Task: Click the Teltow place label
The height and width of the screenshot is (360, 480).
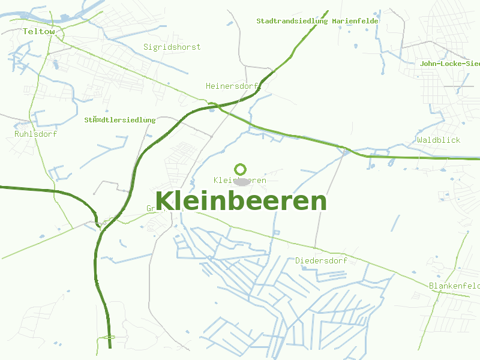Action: [x=39, y=31]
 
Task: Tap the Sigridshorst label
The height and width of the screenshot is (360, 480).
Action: [x=172, y=47]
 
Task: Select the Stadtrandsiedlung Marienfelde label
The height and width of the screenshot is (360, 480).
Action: [x=317, y=21]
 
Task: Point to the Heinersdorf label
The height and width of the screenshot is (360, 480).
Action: [x=232, y=86]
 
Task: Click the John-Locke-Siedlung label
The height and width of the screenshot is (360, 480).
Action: [x=450, y=63]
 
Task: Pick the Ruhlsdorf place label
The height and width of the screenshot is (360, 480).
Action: [x=35, y=134]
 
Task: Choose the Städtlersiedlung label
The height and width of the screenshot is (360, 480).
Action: [x=120, y=120]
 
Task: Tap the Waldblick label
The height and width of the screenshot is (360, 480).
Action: [x=439, y=140]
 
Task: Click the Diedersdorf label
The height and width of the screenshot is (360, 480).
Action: [x=321, y=260]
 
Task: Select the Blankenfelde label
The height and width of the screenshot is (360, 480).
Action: [x=454, y=286]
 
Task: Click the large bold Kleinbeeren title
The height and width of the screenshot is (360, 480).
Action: [x=241, y=201]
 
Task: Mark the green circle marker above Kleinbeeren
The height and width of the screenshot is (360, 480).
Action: [x=241, y=169]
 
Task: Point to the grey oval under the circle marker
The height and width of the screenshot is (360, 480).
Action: [x=241, y=181]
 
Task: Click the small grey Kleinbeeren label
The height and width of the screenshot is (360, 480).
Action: [x=240, y=180]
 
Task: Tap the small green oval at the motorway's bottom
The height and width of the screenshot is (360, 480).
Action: [x=109, y=338]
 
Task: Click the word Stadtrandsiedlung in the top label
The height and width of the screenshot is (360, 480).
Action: [x=292, y=21]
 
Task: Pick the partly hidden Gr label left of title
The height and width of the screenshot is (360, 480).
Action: [x=151, y=209]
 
